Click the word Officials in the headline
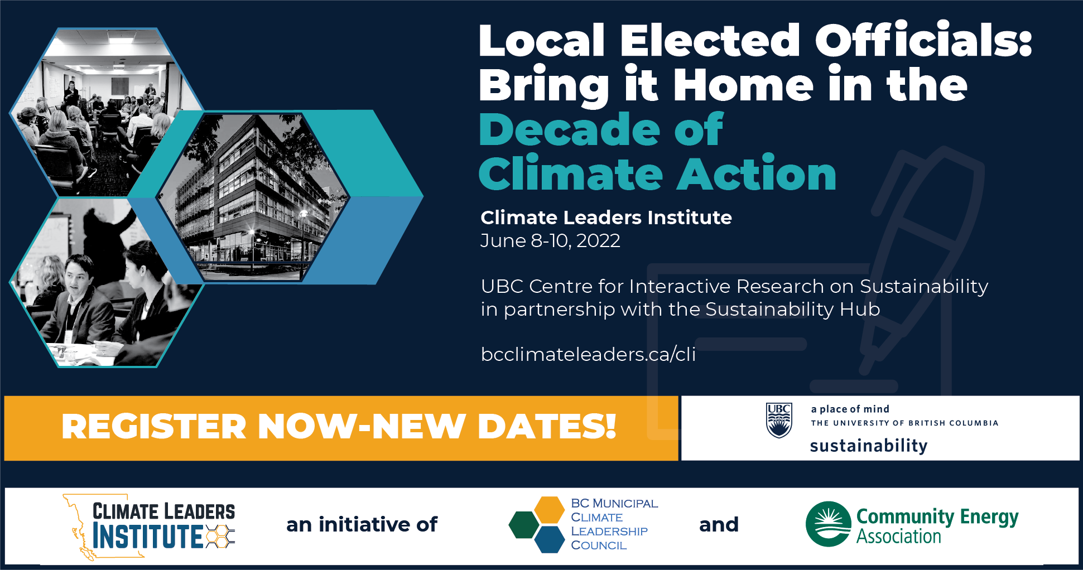[923, 40]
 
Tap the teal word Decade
[569, 129]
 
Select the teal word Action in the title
[757, 174]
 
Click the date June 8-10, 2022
[550, 241]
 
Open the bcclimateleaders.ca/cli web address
[588, 354]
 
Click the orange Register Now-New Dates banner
[341, 428]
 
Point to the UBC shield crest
[779, 420]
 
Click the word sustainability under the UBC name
[868, 446]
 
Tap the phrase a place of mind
[850, 409]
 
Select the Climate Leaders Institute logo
[149, 526]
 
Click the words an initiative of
[362, 524]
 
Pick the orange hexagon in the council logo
[549, 510]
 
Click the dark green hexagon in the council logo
[524, 525]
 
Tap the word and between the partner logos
[719, 524]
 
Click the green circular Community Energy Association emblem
[829, 524]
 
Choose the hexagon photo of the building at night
[252, 197]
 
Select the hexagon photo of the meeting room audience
[106, 112]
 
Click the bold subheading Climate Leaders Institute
[606, 217]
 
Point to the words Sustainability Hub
[793, 309]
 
